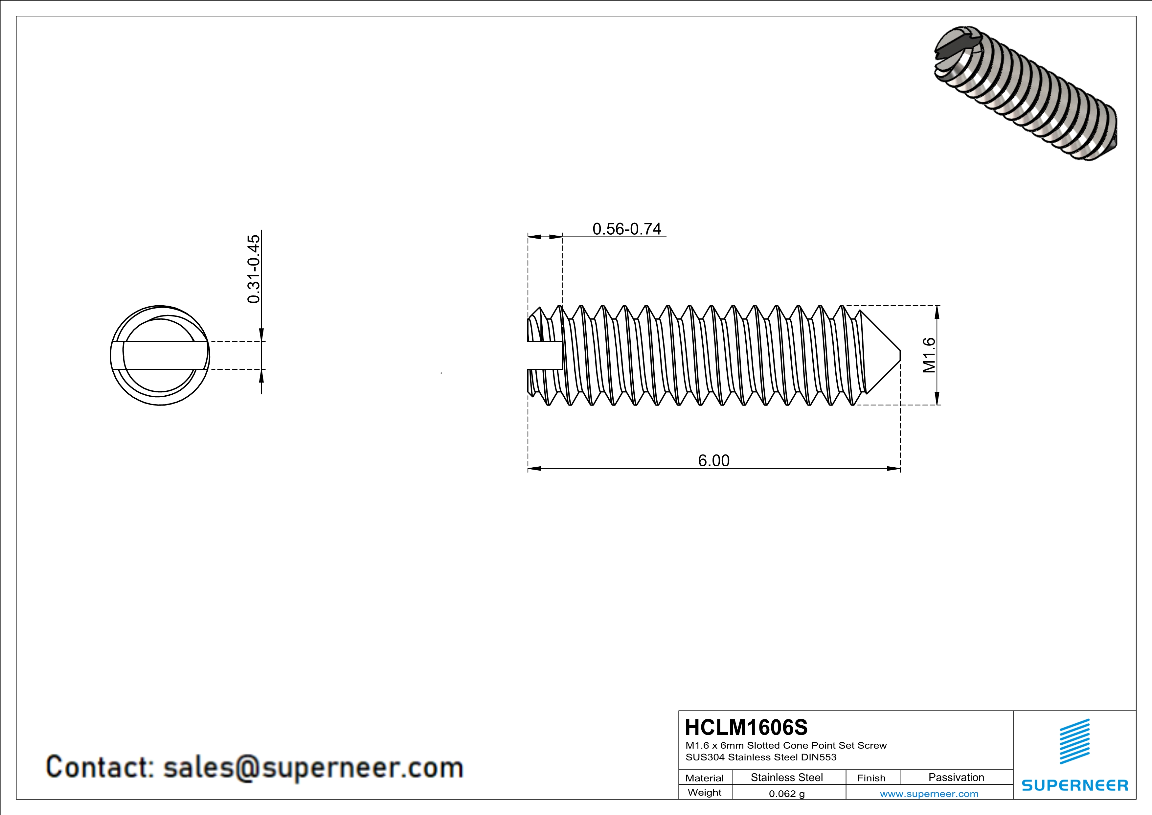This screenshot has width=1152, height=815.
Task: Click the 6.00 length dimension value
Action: (713, 460)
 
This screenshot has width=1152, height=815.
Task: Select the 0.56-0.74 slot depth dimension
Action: (627, 229)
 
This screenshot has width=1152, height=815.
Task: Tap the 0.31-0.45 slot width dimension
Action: (254, 269)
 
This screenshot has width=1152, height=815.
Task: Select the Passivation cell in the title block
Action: (956, 777)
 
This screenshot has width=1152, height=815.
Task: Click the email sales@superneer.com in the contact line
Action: (313, 768)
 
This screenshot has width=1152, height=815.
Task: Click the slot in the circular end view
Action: (160, 355)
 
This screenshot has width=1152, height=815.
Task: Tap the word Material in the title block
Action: (705, 778)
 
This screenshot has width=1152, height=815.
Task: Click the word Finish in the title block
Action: (871, 778)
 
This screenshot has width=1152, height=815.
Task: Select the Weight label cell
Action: (705, 792)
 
